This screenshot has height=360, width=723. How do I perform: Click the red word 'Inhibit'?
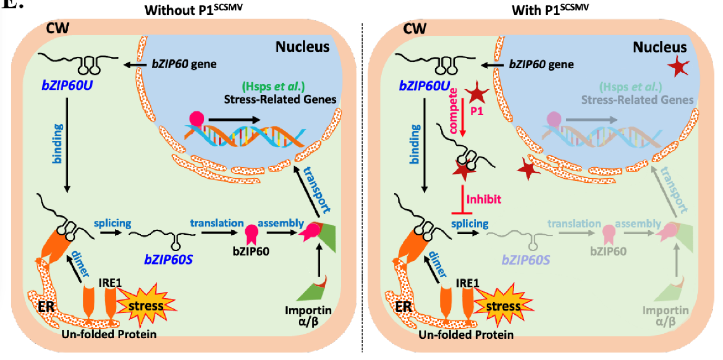tap(484, 198)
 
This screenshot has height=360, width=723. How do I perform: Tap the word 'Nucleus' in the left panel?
tap(302, 47)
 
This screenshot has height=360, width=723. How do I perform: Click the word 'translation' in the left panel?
tap(217, 223)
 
